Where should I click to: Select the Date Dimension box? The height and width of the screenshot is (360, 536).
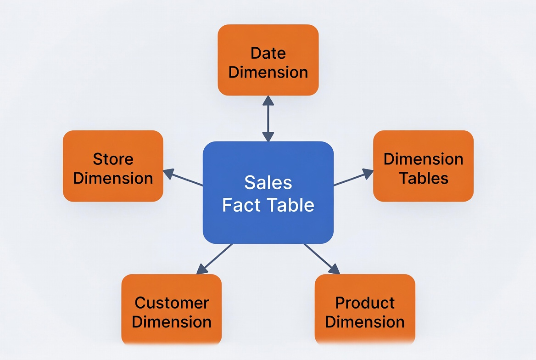(x=268, y=60)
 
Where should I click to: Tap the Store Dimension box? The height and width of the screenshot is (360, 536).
(x=113, y=166)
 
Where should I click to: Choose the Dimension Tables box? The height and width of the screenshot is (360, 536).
(x=423, y=166)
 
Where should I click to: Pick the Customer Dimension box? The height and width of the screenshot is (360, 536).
(x=172, y=310)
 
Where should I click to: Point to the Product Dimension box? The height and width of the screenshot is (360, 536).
(x=365, y=310)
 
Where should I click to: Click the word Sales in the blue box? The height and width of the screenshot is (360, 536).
(x=268, y=183)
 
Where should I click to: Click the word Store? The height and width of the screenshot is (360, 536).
(x=113, y=159)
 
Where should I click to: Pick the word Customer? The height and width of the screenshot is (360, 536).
(x=172, y=303)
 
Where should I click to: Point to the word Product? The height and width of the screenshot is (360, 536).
(x=365, y=303)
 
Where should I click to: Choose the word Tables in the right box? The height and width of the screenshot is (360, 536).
(x=423, y=178)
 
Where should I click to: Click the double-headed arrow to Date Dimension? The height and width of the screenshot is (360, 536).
(x=268, y=118)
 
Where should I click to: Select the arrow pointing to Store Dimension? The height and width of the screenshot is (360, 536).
(x=183, y=179)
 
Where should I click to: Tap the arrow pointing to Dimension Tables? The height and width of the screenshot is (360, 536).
(x=353, y=178)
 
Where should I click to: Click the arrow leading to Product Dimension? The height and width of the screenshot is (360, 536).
(x=321, y=259)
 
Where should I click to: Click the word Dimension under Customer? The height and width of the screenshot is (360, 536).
(x=172, y=322)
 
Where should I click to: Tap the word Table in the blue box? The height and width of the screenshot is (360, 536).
(x=291, y=205)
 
